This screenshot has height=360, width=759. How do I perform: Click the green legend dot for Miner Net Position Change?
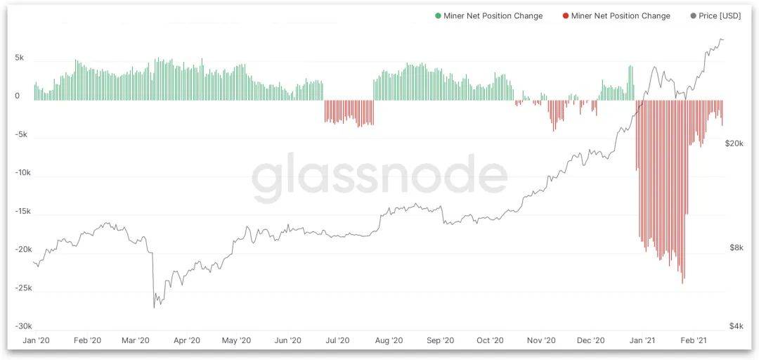click(x=438, y=15)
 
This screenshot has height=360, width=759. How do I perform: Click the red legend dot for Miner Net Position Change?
click(x=566, y=15)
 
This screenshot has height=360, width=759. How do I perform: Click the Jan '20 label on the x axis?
click(x=37, y=340)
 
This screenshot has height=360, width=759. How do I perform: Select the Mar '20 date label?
click(x=136, y=340)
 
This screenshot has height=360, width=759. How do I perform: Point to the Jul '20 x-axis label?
click(x=337, y=340)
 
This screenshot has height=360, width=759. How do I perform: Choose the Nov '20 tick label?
click(x=541, y=340)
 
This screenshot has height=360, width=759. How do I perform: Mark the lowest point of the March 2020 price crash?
click(x=154, y=307)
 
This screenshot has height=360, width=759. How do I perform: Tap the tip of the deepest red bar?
click(x=682, y=283)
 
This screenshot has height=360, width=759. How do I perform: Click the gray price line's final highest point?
click(x=722, y=39)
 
